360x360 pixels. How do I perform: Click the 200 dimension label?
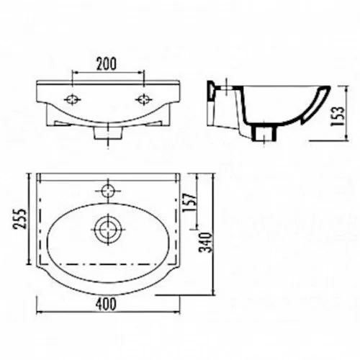pyautogui.click(x=107, y=63)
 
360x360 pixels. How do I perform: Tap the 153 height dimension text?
pyautogui.click(x=338, y=116)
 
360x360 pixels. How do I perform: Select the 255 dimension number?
pyautogui.click(x=19, y=219)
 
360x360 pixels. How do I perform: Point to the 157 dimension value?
pyautogui.click(x=189, y=202)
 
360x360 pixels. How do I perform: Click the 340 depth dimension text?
pyautogui.click(x=205, y=242)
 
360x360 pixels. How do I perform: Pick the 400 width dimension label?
pyautogui.click(x=106, y=304)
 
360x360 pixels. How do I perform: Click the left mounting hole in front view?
pyautogui.click(x=72, y=99)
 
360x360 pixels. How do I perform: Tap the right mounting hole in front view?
pyautogui.click(x=144, y=99)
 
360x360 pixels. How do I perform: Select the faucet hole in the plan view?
pyautogui.click(x=108, y=191)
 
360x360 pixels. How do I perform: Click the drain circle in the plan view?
pyautogui.click(x=108, y=229)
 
